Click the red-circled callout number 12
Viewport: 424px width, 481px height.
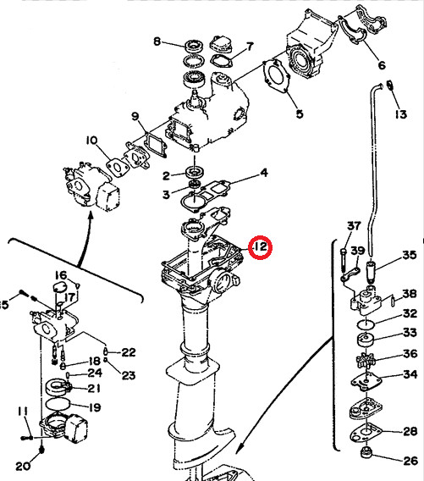pos(260,247)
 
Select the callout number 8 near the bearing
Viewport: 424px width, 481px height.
pos(157,41)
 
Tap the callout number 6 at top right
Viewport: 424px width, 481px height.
pos(381,65)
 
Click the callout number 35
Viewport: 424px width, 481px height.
pos(409,255)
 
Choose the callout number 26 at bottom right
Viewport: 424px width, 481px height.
pos(410,461)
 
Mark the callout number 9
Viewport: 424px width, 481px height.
pos(134,116)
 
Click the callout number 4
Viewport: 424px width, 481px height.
pos(263,173)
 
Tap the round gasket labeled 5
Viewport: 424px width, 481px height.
pos(273,79)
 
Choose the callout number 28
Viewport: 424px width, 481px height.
pos(410,432)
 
